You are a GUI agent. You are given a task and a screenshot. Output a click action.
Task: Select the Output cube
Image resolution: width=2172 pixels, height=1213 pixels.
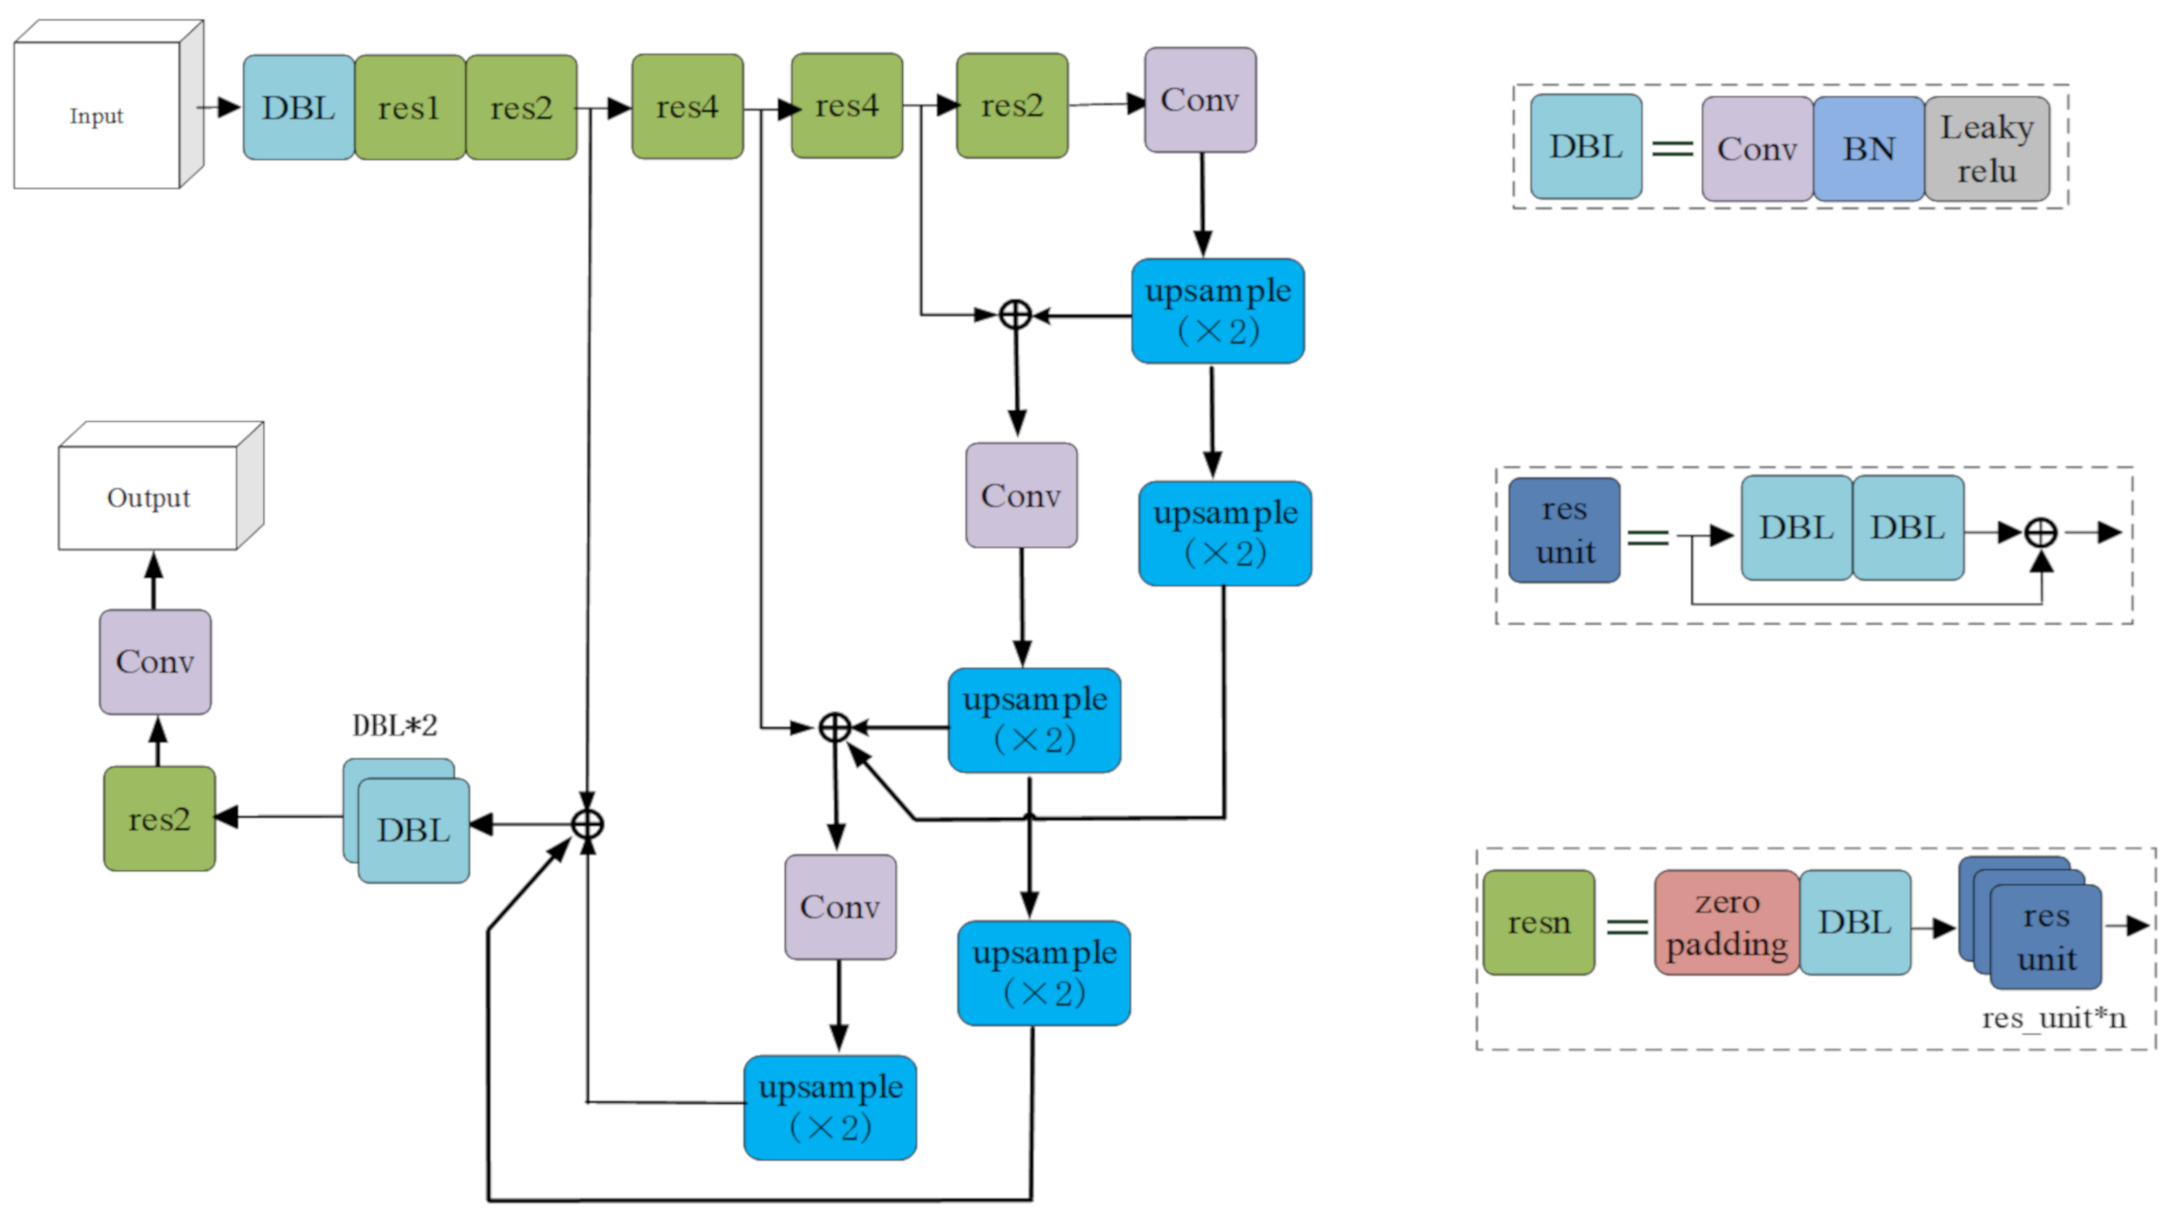(x=148, y=497)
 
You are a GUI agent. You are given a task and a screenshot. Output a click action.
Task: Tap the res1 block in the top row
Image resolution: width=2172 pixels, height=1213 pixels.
(x=410, y=108)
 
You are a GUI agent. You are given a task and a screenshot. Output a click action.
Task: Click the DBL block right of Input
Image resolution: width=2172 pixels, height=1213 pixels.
(x=299, y=108)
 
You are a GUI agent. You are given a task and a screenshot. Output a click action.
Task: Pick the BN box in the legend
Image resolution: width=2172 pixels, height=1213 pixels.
(x=1869, y=149)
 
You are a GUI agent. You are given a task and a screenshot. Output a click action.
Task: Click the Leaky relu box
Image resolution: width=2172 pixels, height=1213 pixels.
(x=1987, y=149)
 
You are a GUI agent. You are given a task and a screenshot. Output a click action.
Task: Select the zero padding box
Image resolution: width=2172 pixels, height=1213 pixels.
(x=1727, y=923)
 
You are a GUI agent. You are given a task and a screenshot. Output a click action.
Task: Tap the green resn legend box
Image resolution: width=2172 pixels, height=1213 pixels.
(x=1539, y=923)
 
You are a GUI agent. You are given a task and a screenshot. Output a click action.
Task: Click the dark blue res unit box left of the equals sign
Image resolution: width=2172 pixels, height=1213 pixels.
(x=1564, y=531)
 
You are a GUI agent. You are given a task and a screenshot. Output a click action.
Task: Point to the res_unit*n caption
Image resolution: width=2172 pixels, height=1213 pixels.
(x=2053, y=1018)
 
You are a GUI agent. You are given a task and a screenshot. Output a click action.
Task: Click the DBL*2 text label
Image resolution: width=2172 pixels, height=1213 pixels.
(x=395, y=726)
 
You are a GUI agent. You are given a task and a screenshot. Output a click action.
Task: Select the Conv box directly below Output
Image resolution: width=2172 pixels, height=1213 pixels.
(x=155, y=662)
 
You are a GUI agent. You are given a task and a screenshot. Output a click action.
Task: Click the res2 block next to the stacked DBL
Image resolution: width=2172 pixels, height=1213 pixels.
(x=159, y=819)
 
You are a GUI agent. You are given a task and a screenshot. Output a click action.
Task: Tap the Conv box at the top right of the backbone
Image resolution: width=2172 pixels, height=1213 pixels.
(x=1200, y=100)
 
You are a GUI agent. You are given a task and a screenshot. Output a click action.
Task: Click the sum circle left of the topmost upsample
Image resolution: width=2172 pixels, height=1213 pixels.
(x=1015, y=314)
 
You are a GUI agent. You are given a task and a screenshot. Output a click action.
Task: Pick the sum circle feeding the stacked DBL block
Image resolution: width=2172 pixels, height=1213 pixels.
(x=587, y=824)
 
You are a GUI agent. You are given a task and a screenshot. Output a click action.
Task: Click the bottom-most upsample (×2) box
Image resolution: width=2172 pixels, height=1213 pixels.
(x=831, y=1108)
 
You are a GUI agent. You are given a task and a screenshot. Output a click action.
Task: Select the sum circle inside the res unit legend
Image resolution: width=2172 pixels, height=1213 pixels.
(x=2040, y=533)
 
